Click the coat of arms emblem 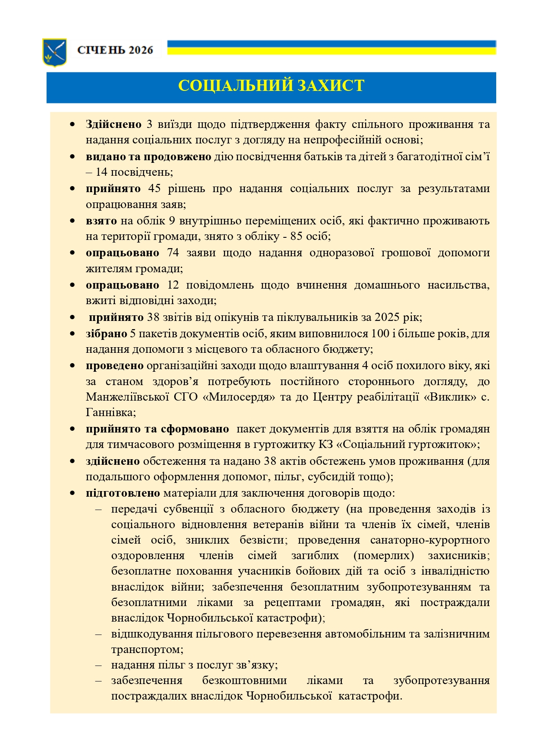coord(54,52)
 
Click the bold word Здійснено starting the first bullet coord(113,124)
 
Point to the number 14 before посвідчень coord(101,172)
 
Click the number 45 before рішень coord(154,189)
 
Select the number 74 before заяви coord(172,253)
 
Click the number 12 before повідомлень coord(172,285)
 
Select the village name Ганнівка coord(110,413)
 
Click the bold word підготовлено coord(123,493)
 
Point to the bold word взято coord(101,221)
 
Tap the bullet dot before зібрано coord(72,334)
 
